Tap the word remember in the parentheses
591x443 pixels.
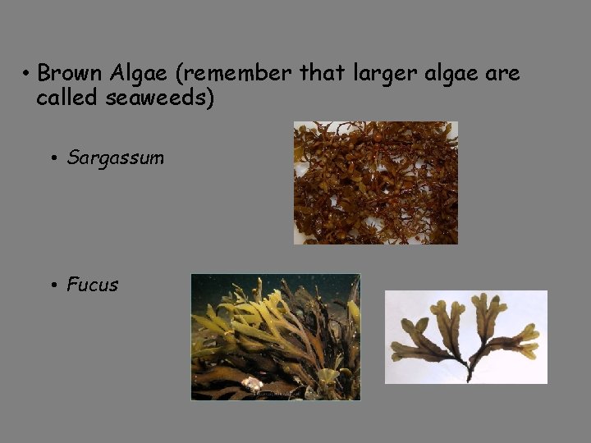click(241, 74)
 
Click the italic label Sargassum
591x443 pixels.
click(116, 158)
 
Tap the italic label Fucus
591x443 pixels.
click(92, 285)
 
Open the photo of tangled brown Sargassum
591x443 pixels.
click(375, 182)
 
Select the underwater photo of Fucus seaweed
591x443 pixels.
click(275, 336)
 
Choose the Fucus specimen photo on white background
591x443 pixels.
click(465, 336)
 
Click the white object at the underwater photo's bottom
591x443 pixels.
click(253, 383)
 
